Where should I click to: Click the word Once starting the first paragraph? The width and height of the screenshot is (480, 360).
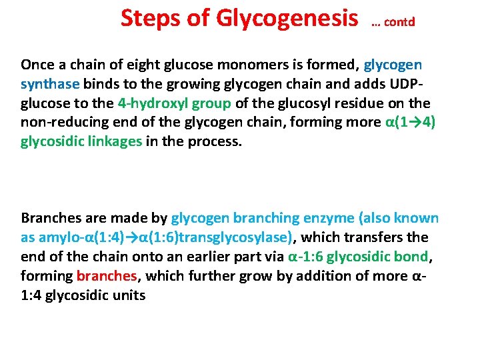pyautogui.click(x=39, y=65)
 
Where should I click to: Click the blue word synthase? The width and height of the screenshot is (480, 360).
pyautogui.click(x=50, y=84)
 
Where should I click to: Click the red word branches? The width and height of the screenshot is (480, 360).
pyautogui.click(x=107, y=276)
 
